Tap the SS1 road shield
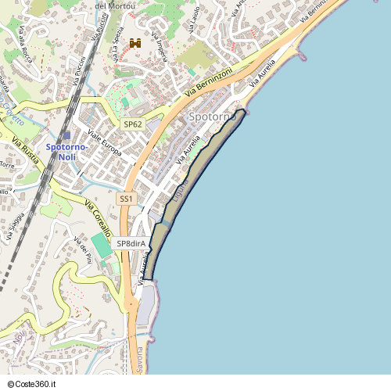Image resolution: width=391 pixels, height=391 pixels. [126, 199]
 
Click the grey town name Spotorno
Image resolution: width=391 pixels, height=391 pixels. [212, 117]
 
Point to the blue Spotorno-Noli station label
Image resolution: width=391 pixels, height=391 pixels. [66, 152]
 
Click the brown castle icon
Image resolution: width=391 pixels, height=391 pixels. [135, 44]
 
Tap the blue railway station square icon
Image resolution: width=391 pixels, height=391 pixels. [66, 135]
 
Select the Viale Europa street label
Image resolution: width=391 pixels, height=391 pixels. [105, 144]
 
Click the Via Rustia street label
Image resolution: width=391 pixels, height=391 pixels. [25, 149]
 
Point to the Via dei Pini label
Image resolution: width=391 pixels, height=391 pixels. [83, 249]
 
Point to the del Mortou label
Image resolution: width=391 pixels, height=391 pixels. [115, 6]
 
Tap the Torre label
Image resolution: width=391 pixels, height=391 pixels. [7, 166]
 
